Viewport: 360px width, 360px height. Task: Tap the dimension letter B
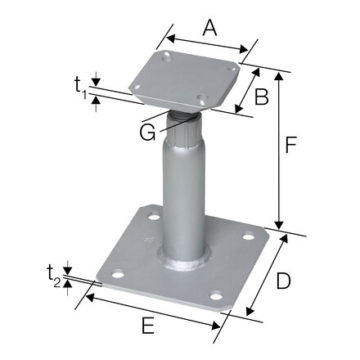coord(261,97)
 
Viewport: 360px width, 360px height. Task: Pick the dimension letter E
coord(147,326)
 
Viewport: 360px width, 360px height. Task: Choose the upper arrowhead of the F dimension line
coord(280,74)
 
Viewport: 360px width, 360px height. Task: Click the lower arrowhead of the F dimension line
coord(280,227)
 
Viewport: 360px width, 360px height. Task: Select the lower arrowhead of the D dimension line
coord(249,312)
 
